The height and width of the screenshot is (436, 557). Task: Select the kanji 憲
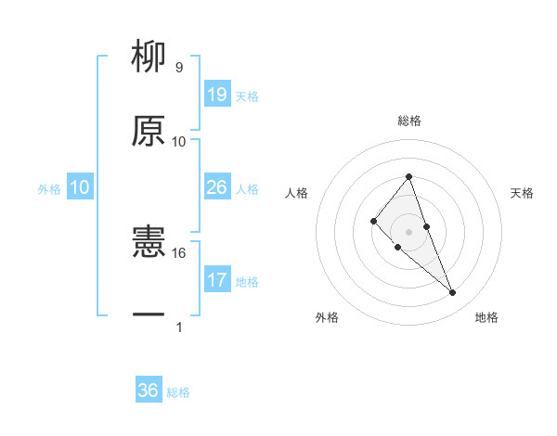pos(149,243)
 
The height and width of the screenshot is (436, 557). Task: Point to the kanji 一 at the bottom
pos(149,315)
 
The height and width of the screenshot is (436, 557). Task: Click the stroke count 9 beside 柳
pos(178,68)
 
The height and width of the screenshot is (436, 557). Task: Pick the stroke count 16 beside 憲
pos(179,252)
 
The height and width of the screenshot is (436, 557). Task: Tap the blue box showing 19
pos(217,95)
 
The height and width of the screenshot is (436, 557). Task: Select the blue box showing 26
pos(217,187)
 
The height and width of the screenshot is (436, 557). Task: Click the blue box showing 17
pos(217,279)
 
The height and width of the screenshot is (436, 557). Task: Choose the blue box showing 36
pos(149,391)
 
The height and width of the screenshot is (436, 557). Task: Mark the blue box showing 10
pos(80,187)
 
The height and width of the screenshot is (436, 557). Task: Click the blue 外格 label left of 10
pos(49,189)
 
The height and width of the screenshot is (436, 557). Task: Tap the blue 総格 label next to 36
pos(178,392)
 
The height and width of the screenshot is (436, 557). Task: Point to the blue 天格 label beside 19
pos(247,96)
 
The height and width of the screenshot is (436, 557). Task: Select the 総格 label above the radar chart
pos(409,121)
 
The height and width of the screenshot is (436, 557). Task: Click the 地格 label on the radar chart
pos(486,317)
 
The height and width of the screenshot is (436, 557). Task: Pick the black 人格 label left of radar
pos(297,193)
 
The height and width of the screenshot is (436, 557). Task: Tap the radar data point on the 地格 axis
pos(452,293)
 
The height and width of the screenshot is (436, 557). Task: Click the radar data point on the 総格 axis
pos(408,176)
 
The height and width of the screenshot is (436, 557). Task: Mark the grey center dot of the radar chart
pos(408,231)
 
